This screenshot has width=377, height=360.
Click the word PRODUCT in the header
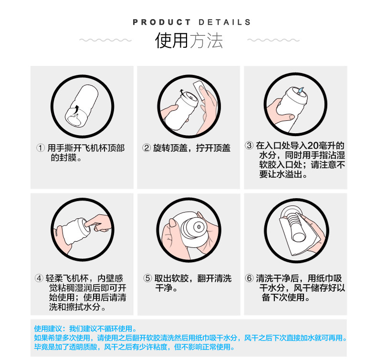pos(162,22)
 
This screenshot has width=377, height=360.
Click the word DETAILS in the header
pos(224,22)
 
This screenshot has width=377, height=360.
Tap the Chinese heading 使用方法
pos(189,41)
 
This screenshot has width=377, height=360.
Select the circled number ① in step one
pos(41,148)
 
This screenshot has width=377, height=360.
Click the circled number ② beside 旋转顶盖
pos(147,148)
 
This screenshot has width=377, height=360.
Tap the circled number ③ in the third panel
pos(249,145)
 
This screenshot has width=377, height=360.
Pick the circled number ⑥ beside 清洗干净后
pos(249,278)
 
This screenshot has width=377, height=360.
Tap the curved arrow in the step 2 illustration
pos(181,93)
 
